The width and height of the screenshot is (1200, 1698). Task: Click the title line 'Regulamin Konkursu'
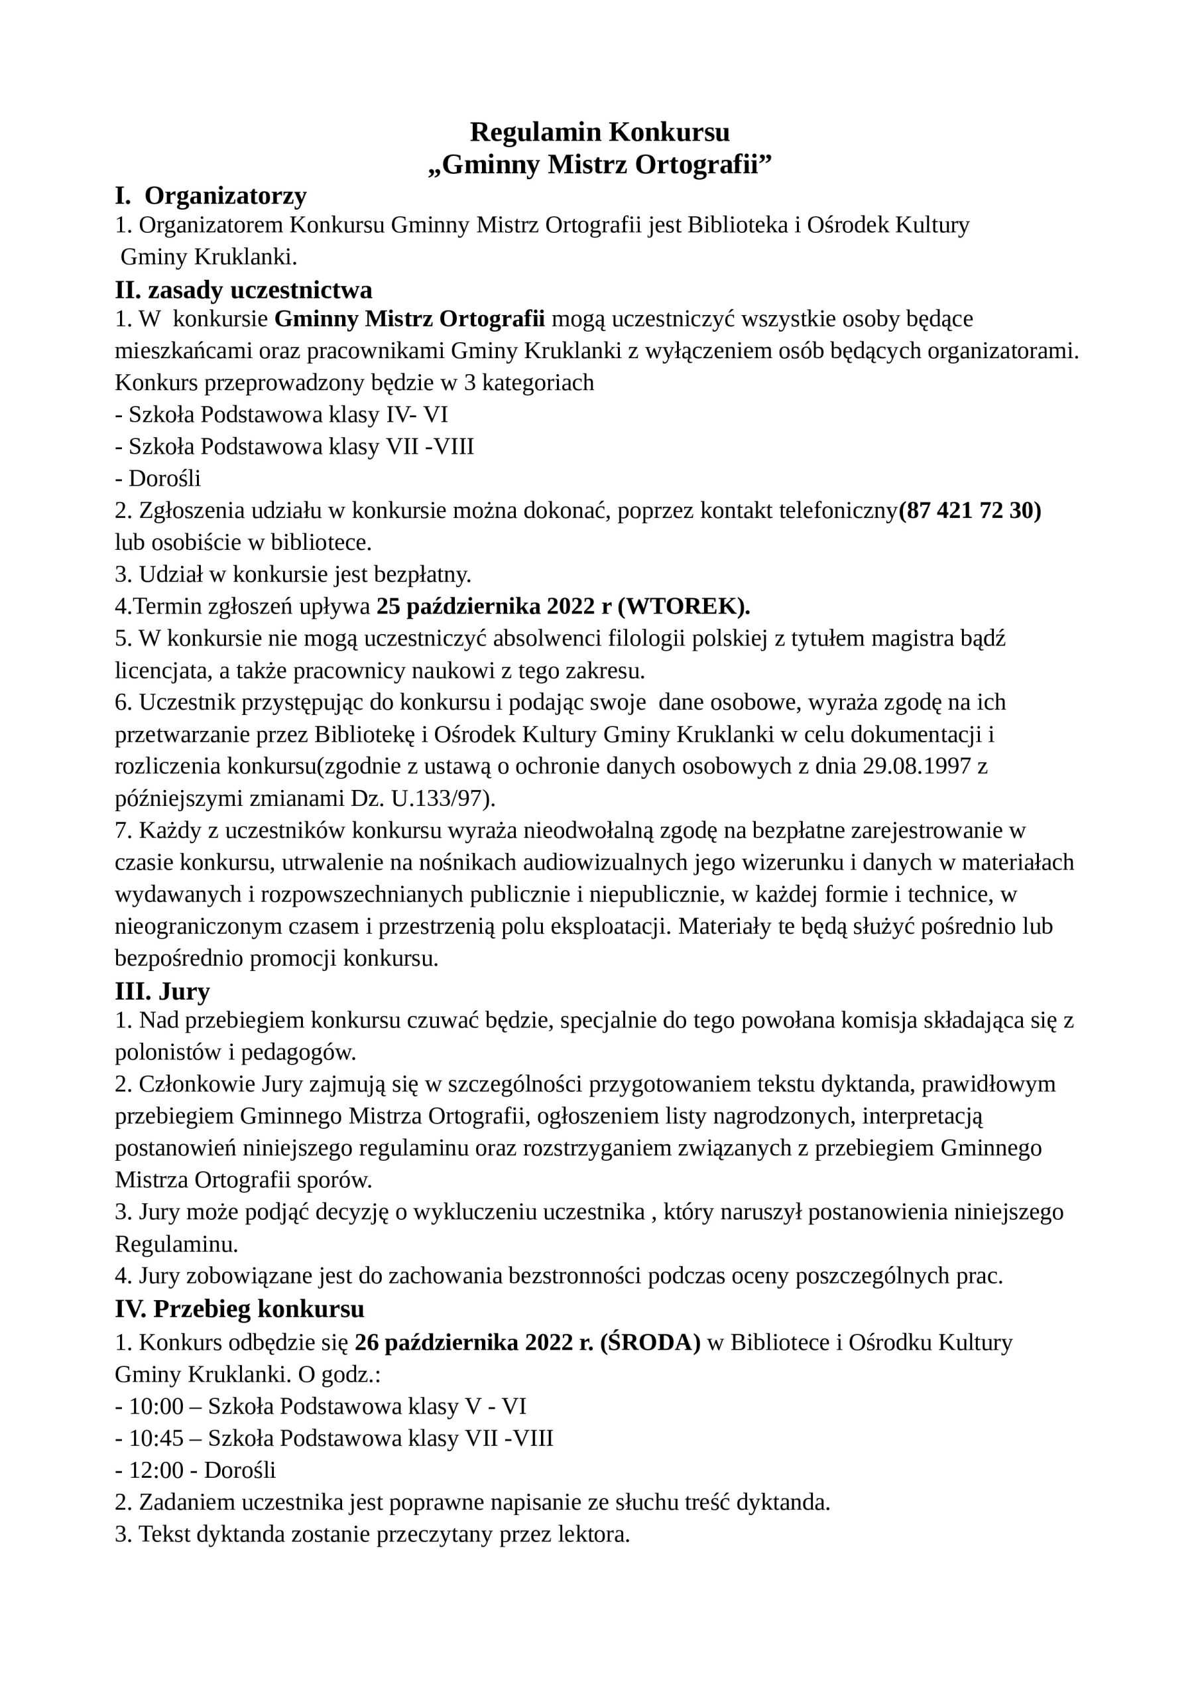pyautogui.click(x=599, y=133)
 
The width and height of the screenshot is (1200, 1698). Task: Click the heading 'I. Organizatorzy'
pyautogui.click(x=211, y=196)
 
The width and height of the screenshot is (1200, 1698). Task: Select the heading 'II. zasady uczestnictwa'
pyautogui.click(x=243, y=290)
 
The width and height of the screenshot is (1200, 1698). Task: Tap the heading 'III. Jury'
pyautogui.click(x=162, y=990)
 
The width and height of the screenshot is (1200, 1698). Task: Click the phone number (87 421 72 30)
pyautogui.click(x=970, y=511)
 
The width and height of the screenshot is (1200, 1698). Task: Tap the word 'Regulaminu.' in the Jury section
pyautogui.click(x=177, y=1244)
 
